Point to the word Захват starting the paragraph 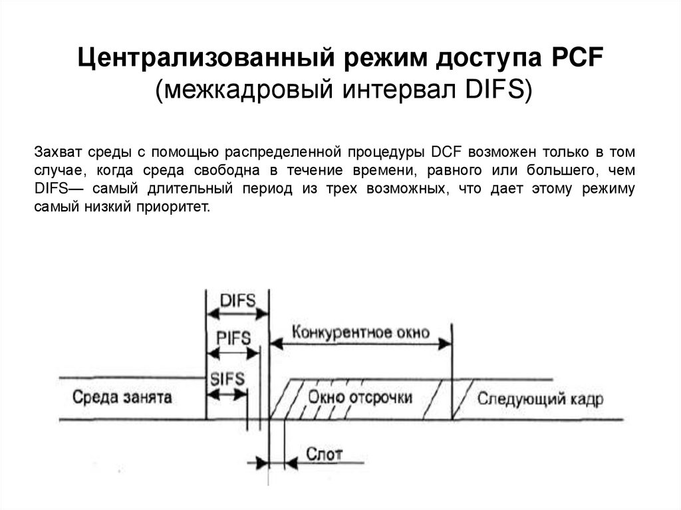coord(56,152)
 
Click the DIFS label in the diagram coord(237,300)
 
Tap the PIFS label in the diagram coord(233,338)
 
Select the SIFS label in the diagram coord(227,378)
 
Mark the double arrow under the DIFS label coord(237,313)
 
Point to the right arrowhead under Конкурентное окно coord(444,344)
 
